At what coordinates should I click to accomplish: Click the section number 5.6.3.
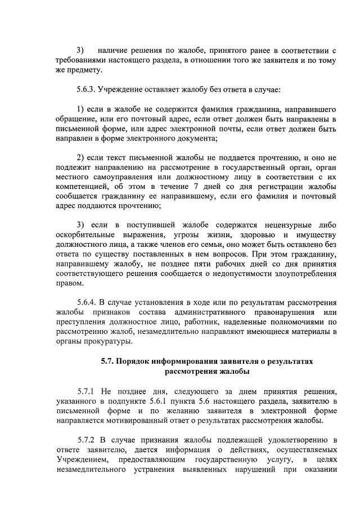88,89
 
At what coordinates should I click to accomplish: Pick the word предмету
85,70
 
